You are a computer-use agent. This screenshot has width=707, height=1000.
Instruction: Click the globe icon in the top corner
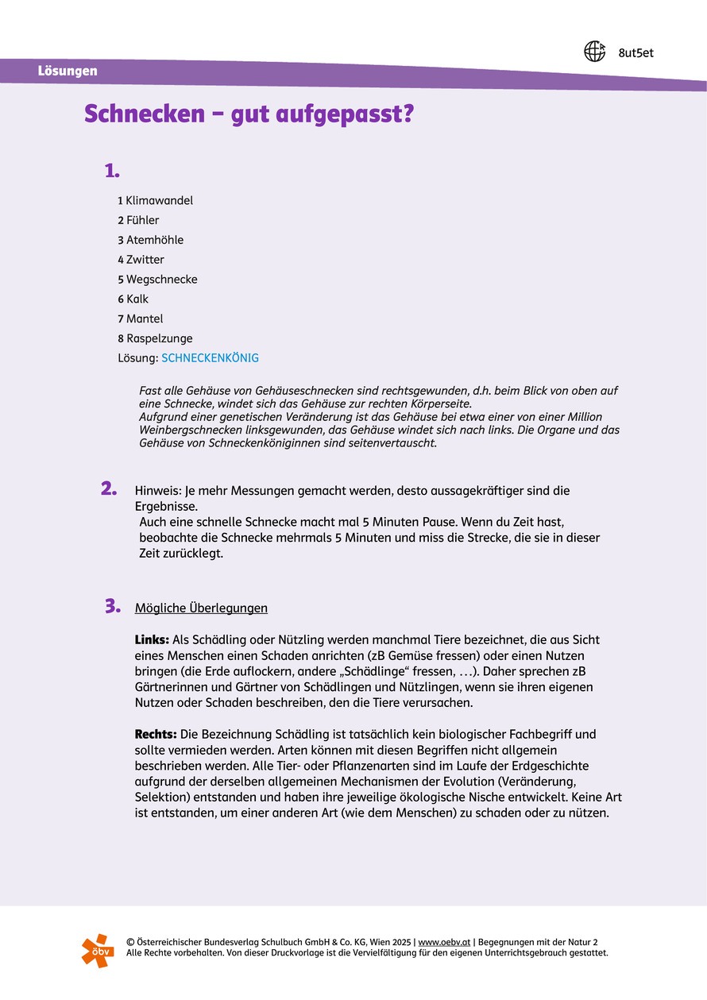[x=594, y=52]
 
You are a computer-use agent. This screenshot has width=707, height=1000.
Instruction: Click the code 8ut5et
[x=636, y=53]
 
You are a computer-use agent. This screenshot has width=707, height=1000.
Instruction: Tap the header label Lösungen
[x=68, y=71]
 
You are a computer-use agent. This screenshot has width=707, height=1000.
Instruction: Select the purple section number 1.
[x=112, y=170]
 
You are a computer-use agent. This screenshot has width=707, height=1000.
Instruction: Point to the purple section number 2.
[x=110, y=488]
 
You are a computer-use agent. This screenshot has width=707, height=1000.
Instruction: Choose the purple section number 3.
[x=112, y=606]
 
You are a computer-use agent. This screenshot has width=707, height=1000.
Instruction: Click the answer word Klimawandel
[x=159, y=200]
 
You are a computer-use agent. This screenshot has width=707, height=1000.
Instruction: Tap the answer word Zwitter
[x=145, y=260]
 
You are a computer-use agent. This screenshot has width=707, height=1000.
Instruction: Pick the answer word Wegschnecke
[x=162, y=280]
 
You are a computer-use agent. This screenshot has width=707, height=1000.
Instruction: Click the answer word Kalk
[x=137, y=299]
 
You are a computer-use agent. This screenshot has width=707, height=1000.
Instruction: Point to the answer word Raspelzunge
[x=160, y=338]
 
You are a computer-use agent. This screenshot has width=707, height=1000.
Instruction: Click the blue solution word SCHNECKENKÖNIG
[x=210, y=358]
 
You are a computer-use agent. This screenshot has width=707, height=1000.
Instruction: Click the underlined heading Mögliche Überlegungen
[x=201, y=608]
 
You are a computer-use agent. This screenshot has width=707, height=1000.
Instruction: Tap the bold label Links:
[x=152, y=639]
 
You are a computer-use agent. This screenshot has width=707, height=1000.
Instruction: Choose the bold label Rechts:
[x=156, y=734]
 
